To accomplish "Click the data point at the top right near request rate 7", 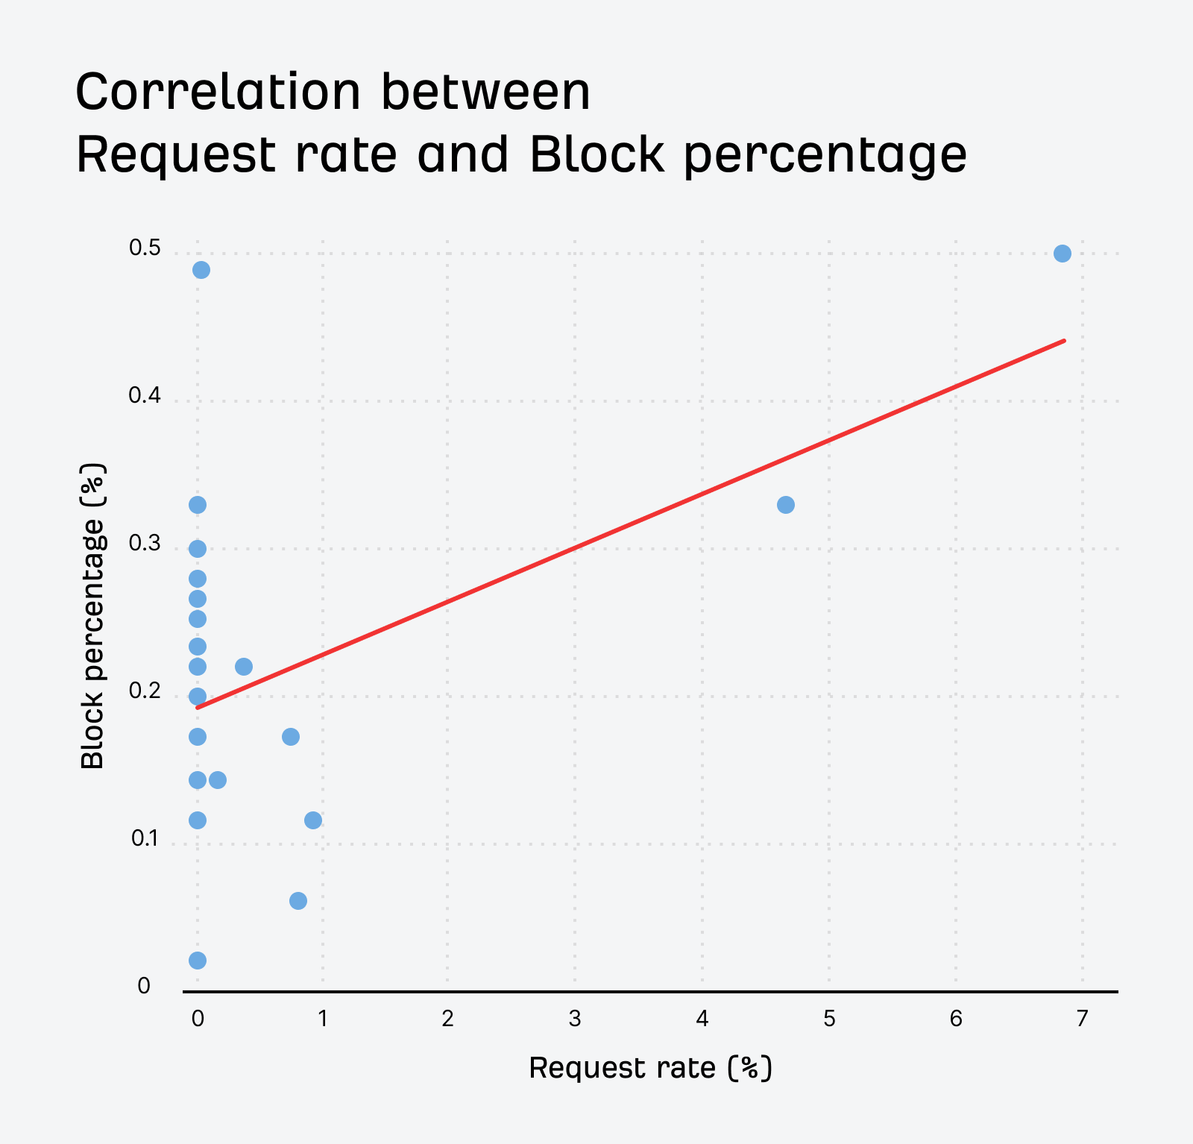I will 1062,254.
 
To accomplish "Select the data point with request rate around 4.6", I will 785,505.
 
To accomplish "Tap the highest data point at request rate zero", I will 201,270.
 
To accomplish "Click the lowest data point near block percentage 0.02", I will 198,960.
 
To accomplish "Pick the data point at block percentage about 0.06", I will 298,901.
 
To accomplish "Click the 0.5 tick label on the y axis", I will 145,248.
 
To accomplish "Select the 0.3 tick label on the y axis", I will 145,544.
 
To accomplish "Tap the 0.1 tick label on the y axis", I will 145,839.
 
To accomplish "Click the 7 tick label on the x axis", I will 1082,1019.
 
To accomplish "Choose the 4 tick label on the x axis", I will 702,1019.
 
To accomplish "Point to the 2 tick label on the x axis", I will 447,1019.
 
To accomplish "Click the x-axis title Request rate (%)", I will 650,1068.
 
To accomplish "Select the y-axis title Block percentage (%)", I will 93,616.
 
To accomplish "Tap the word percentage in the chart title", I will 825,155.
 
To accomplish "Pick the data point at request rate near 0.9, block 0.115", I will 313,820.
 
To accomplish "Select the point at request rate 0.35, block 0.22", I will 244,666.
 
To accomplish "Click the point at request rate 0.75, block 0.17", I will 291,737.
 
